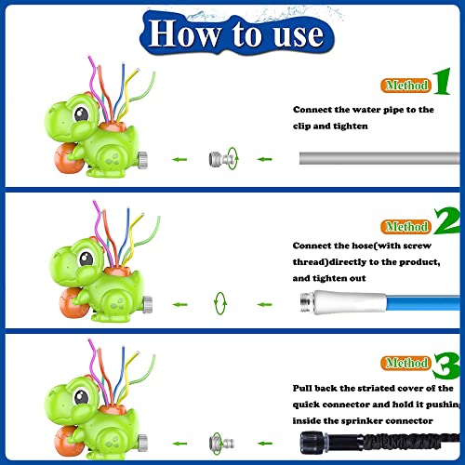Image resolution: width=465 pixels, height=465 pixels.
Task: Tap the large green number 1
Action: (x=442, y=81)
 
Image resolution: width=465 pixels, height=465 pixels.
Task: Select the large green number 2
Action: (x=447, y=220)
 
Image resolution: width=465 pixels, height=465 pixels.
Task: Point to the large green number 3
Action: (x=447, y=365)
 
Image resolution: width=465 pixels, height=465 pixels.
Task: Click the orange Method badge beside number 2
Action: (x=405, y=227)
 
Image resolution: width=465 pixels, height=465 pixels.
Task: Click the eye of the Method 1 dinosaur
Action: (x=82, y=114)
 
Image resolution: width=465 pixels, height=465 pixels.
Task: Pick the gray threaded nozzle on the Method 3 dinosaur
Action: (x=142, y=442)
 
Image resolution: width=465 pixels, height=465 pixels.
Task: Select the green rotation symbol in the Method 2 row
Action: (x=220, y=303)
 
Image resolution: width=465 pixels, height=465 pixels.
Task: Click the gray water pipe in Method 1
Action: (x=379, y=158)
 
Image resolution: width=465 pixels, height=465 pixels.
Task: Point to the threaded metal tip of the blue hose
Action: (x=307, y=302)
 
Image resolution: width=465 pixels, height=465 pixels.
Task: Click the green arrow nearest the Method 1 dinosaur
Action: (x=179, y=159)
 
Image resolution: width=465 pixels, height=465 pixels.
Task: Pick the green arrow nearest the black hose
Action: (x=264, y=444)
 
